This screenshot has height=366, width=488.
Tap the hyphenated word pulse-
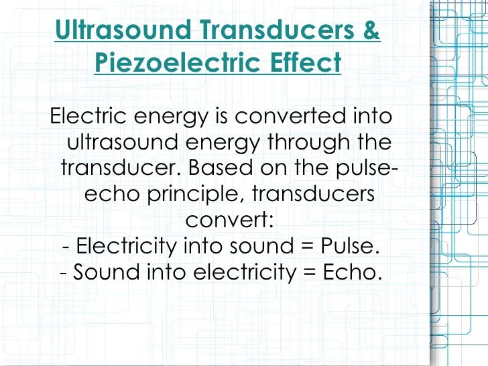click(365, 168)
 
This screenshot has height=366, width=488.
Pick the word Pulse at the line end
click(346, 247)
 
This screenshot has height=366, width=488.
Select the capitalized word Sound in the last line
click(101, 273)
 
